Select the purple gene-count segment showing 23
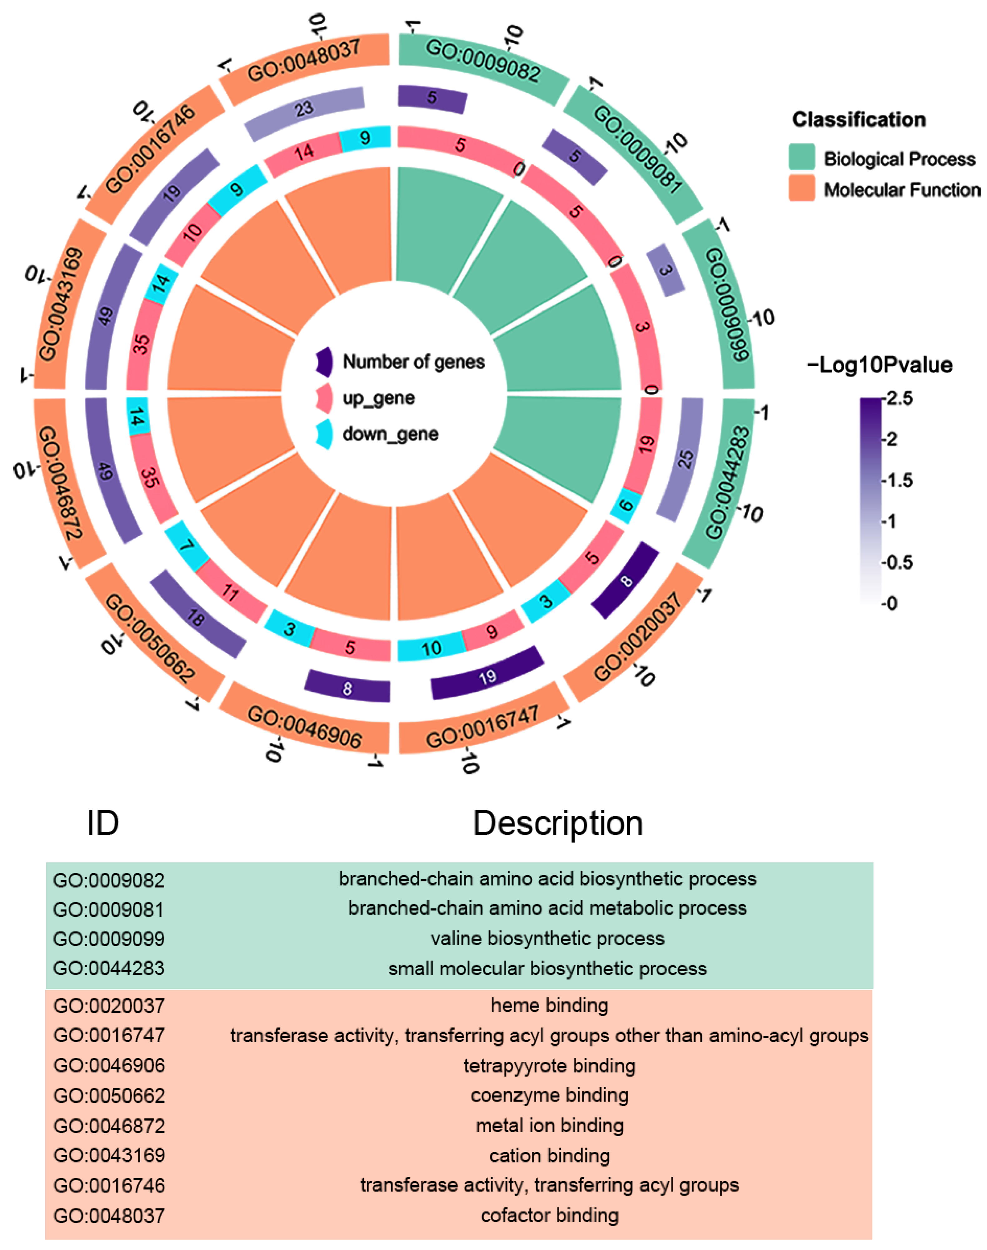point(305,109)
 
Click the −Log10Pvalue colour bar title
point(879,365)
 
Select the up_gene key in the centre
point(378,398)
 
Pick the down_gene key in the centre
point(390,434)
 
